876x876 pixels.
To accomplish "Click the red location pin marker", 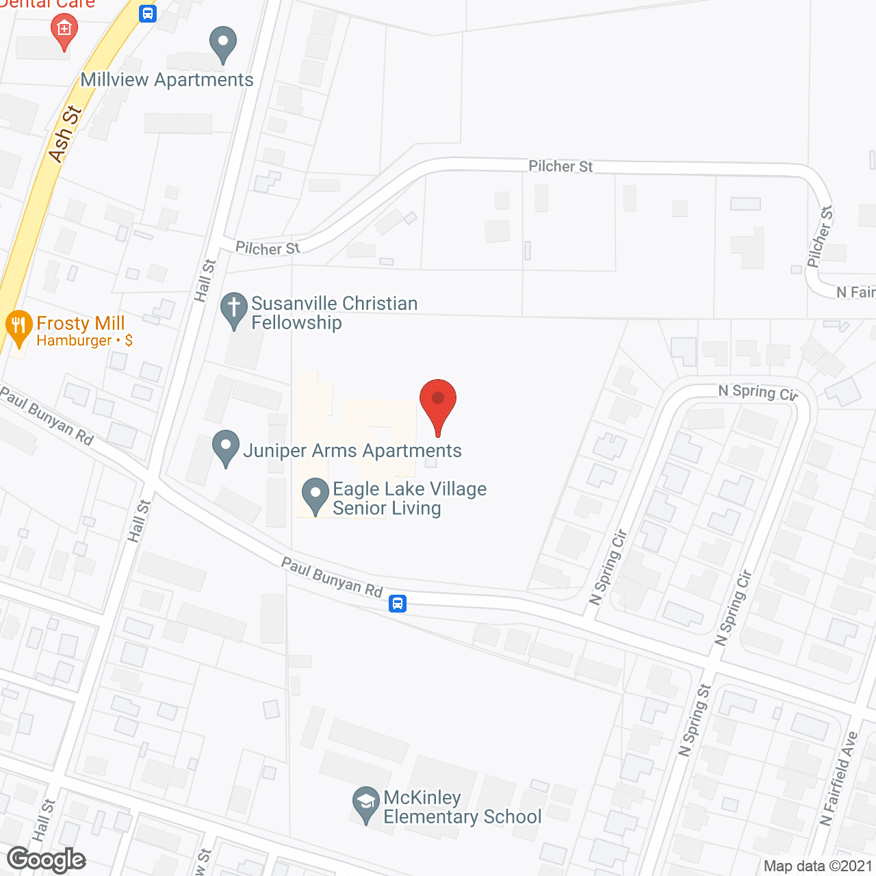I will (x=438, y=404).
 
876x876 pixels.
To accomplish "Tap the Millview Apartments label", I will (x=167, y=80).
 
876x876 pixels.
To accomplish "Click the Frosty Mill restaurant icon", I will (x=18, y=327).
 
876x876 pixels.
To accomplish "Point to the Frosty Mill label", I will (x=81, y=324).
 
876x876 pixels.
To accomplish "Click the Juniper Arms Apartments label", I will (x=352, y=451).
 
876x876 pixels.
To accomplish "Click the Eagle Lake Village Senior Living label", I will (x=409, y=498).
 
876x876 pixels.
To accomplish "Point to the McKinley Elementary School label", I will (x=462, y=808).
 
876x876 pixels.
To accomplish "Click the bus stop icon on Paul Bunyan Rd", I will (x=398, y=604).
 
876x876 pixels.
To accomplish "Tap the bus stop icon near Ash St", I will (x=148, y=13).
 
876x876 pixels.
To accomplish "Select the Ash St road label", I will (x=66, y=134).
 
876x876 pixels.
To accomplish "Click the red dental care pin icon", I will (x=64, y=31).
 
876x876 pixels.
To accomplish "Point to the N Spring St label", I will (x=695, y=721).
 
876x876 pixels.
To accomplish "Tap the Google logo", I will (x=47, y=860).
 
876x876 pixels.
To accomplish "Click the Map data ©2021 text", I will (x=818, y=866).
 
